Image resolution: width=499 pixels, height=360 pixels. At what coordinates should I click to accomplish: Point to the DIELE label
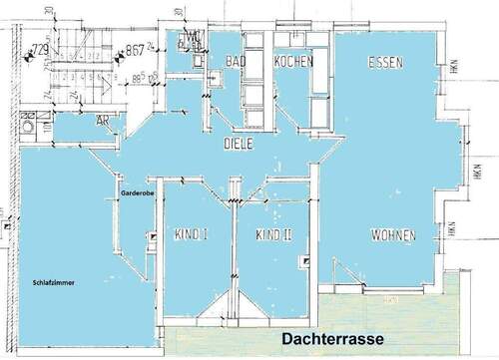(238, 144)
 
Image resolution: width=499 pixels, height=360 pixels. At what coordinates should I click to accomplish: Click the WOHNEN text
(393, 235)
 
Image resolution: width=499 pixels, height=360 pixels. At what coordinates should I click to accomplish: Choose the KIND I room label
(190, 236)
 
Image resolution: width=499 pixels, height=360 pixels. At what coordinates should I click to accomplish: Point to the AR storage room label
(103, 120)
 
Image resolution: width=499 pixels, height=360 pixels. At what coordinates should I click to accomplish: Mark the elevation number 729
(41, 49)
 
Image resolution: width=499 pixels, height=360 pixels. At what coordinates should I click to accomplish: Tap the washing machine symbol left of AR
(28, 126)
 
